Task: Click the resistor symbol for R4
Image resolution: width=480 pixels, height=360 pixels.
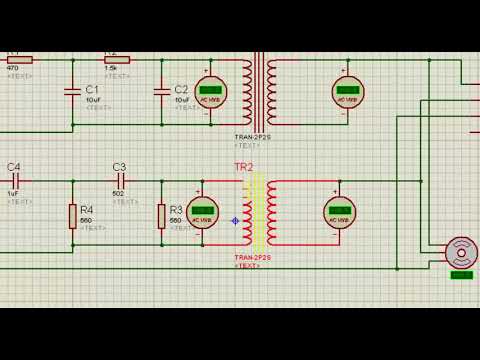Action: pyautogui.click(x=73, y=215)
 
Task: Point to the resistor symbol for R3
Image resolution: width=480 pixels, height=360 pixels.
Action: pyautogui.click(x=161, y=215)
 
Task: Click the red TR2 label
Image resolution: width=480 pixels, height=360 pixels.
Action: pyautogui.click(x=243, y=167)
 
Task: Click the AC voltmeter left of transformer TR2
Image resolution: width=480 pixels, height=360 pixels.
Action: pyautogui.click(x=204, y=211)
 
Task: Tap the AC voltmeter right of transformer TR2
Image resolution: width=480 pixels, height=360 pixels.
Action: pyautogui.click(x=339, y=211)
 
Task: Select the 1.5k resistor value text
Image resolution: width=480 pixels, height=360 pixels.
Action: pyautogui.click(x=111, y=67)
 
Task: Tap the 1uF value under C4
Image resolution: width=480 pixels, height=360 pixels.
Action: pyautogui.click(x=14, y=193)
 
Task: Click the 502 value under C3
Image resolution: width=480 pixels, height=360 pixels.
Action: pyautogui.click(x=118, y=193)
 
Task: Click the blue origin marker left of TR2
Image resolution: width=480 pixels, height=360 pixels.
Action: pyautogui.click(x=235, y=221)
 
